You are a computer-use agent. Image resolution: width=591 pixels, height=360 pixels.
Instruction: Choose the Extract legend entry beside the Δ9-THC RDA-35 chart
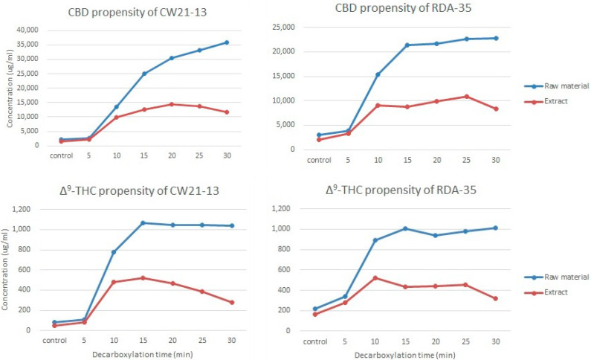pyautogui.click(x=555, y=293)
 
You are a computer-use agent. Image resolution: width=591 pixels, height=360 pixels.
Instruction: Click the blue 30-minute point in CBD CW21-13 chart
pyautogui.click(x=226, y=42)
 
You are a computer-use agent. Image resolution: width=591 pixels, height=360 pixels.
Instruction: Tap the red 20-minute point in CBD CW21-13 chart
pyautogui.click(x=171, y=104)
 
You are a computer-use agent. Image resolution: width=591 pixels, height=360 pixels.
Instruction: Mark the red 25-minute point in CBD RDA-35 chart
pyautogui.click(x=466, y=97)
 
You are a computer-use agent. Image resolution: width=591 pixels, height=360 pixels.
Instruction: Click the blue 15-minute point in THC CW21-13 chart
pyautogui.click(x=143, y=223)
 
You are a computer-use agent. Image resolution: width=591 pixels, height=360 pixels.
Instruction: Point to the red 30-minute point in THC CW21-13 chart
pyautogui.click(x=232, y=302)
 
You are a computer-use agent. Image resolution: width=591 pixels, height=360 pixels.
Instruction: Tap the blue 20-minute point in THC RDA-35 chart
pyautogui.click(x=436, y=236)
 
